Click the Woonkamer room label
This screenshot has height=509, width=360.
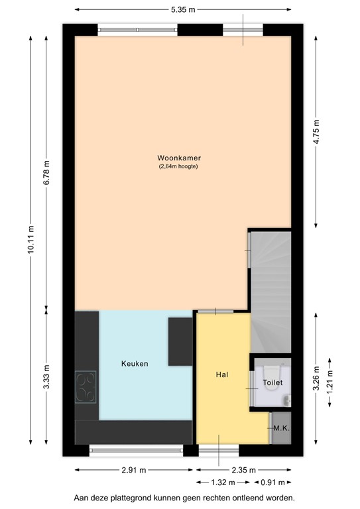[x=179, y=158]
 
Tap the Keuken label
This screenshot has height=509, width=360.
[x=135, y=364]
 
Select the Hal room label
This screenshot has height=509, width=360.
[x=222, y=374]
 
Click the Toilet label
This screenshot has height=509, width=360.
[x=272, y=382]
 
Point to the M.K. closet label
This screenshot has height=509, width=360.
[x=281, y=429]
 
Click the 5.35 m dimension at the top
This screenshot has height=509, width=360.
[x=182, y=10]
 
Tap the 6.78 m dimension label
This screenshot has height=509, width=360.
[x=46, y=174]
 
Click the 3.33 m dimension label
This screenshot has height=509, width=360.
[x=46, y=378]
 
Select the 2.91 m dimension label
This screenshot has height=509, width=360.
[x=135, y=471]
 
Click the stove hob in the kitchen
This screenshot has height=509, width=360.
[x=86, y=386]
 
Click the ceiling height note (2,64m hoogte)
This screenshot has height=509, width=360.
[x=178, y=166]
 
